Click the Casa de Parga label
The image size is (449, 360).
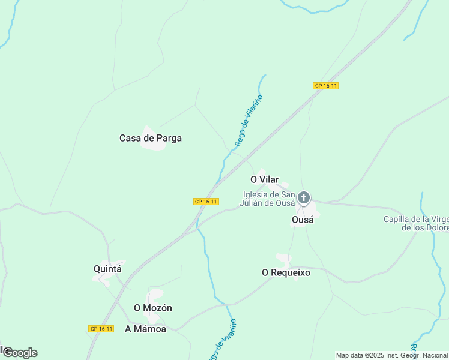tap(151, 138)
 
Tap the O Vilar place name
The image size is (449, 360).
tap(265, 179)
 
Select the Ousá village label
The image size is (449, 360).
tap(303, 220)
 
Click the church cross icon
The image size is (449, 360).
tap(304, 197)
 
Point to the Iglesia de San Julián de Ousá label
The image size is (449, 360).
tap(268, 198)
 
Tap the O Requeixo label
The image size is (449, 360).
tap(286, 272)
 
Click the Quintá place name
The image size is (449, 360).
tap(108, 269)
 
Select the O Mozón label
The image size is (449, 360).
tap(153, 308)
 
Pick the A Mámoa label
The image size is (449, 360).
tap(145, 329)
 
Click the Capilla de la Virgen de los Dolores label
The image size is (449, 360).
tap(417, 223)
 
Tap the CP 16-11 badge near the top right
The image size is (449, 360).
tap(326, 86)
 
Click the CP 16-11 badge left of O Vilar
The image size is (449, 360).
tap(205, 202)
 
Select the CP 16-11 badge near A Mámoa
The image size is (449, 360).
tap(101, 329)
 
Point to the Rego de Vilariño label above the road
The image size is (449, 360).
tap(249, 121)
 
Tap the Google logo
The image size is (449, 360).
tap(20, 353)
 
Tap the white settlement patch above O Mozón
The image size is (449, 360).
tap(155, 296)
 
